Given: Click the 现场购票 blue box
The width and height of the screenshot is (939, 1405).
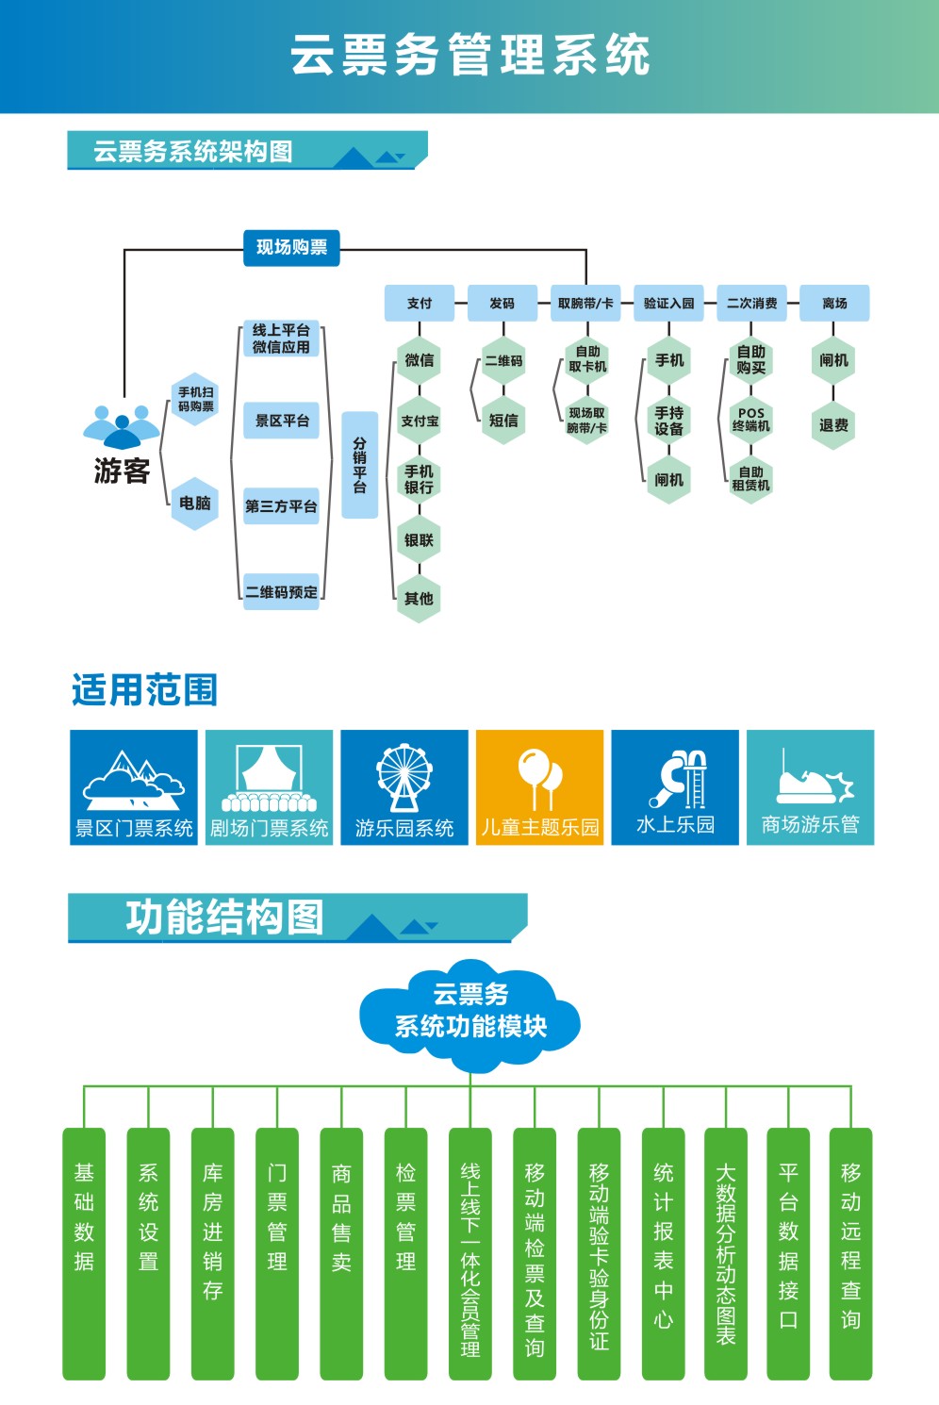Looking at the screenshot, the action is pyautogui.click(x=291, y=248).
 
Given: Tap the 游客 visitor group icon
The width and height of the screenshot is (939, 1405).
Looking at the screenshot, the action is pyautogui.click(x=122, y=426).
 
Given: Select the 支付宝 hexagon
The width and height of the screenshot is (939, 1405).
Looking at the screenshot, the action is pyautogui.click(x=419, y=421).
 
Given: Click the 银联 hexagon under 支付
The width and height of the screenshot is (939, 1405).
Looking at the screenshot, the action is pyautogui.click(x=419, y=539).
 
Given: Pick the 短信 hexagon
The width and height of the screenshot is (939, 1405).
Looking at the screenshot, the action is pyautogui.click(x=503, y=421).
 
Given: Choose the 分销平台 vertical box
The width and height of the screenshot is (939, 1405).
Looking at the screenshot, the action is pyautogui.click(x=359, y=465).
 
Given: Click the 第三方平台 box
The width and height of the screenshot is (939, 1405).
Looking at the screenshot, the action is pyautogui.click(x=281, y=505).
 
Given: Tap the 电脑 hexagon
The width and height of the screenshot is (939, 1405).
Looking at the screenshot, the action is pyautogui.click(x=195, y=503).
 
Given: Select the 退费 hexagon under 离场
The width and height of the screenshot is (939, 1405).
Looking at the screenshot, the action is pyautogui.click(x=833, y=425).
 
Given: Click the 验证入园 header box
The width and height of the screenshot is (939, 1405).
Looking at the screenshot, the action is pyautogui.click(x=668, y=303).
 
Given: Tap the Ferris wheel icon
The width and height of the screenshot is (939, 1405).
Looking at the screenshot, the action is pyautogui.click(x=404, y=778).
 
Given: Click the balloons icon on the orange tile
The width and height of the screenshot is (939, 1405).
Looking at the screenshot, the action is pyautogui.click(x=540, y=779).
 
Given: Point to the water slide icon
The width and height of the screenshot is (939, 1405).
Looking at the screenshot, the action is pyautogui.click(x=678, y=779).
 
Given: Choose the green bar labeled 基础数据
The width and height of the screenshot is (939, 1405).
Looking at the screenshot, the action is pyautogui.click(x=84, y=1253).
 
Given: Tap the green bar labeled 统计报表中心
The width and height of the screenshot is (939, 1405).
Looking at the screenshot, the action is pyautogui.click(x=664, y=1253).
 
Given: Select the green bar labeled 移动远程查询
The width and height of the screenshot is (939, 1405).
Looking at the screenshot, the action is pyautogui.click(x=850, y=1253).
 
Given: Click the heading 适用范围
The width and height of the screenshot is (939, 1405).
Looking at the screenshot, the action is pyautogui.click(x=145, y=690).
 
